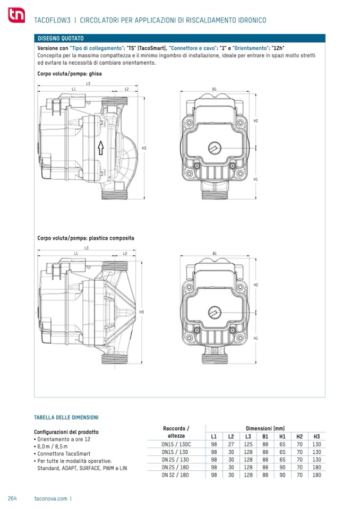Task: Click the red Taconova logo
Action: pos(16,15)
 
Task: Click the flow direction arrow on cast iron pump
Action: pos(101,148)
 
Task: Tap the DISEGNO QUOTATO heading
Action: pos(61,38)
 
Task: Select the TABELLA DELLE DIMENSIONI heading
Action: pos(66,418)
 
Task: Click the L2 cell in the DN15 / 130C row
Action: pos(231,444)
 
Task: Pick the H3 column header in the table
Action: pos(316,437)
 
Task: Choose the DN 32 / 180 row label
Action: pos(175,475)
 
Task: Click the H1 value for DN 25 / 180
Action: pos(282,468)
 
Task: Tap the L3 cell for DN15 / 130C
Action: pos(248,444)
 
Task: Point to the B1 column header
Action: pos(265,437)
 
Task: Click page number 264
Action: pos(12,498)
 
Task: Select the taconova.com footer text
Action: pos(50,498)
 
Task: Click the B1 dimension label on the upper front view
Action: pos(214,89)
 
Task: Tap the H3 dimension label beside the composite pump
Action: pos(142,312)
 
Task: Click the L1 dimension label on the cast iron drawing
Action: pos(74,89)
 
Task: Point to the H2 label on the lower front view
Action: pos(256,284)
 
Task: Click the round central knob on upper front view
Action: pos(215,149)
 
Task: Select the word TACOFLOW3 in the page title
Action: pos(52,20)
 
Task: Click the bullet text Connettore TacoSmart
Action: pos(64,453)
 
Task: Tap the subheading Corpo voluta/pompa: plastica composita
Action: pos(85,238)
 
